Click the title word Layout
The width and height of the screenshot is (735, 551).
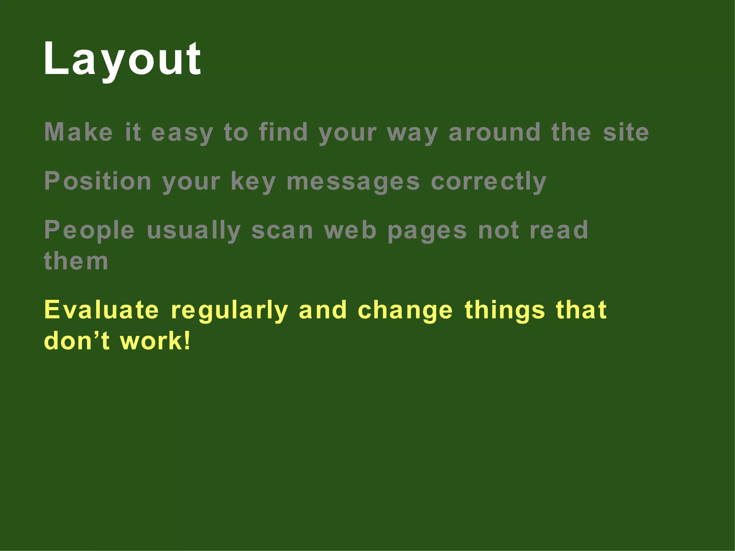tap(122, 59)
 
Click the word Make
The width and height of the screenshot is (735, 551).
tap(79, 132)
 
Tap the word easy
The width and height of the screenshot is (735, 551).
tap(182, 133)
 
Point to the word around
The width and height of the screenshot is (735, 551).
tap(495, 132)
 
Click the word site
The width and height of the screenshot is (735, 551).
tap(626, 132)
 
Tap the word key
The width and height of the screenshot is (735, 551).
tap(253, 182)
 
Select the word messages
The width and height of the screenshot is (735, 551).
tap(353, 182)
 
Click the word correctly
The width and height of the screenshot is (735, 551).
tap(488, 182)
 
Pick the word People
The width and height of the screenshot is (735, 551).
tap(89, 230)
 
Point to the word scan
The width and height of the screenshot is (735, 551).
tap(282, 230)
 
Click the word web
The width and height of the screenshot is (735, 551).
tap(350, 230)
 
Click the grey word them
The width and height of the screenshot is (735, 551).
tap(76, 261)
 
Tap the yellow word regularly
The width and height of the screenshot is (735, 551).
tap(229, 311)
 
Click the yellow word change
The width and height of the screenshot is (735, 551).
tap(406, 311)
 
